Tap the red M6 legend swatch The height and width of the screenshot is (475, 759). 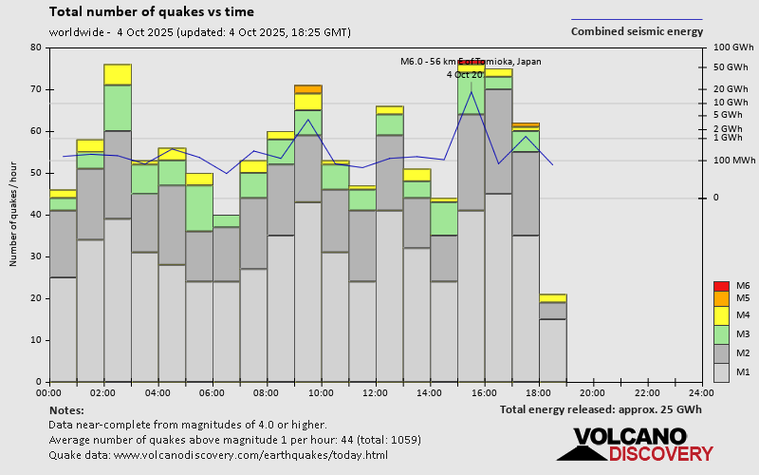click(721, 286)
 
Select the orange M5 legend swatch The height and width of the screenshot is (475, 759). click(721, 298)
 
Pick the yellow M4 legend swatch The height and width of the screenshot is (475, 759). click(721, 314)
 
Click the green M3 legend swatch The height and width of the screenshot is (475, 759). click(721, 334)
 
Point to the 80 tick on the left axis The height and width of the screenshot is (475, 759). click(36, 47)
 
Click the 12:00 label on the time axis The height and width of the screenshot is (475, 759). click(376, 392)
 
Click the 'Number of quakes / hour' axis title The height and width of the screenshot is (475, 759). click(14, 215)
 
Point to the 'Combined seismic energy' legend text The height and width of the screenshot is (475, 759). click(637, 31)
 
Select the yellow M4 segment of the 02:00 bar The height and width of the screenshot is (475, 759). click(118, 74)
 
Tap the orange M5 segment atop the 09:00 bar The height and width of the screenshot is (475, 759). click(308, 89)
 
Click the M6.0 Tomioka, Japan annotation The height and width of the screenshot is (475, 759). click(472, 62)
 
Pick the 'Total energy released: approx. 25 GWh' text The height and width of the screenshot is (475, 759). click(601, 409)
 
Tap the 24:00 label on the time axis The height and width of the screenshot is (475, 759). click(701, 392)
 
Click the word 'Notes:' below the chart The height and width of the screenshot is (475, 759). click(66, 409)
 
